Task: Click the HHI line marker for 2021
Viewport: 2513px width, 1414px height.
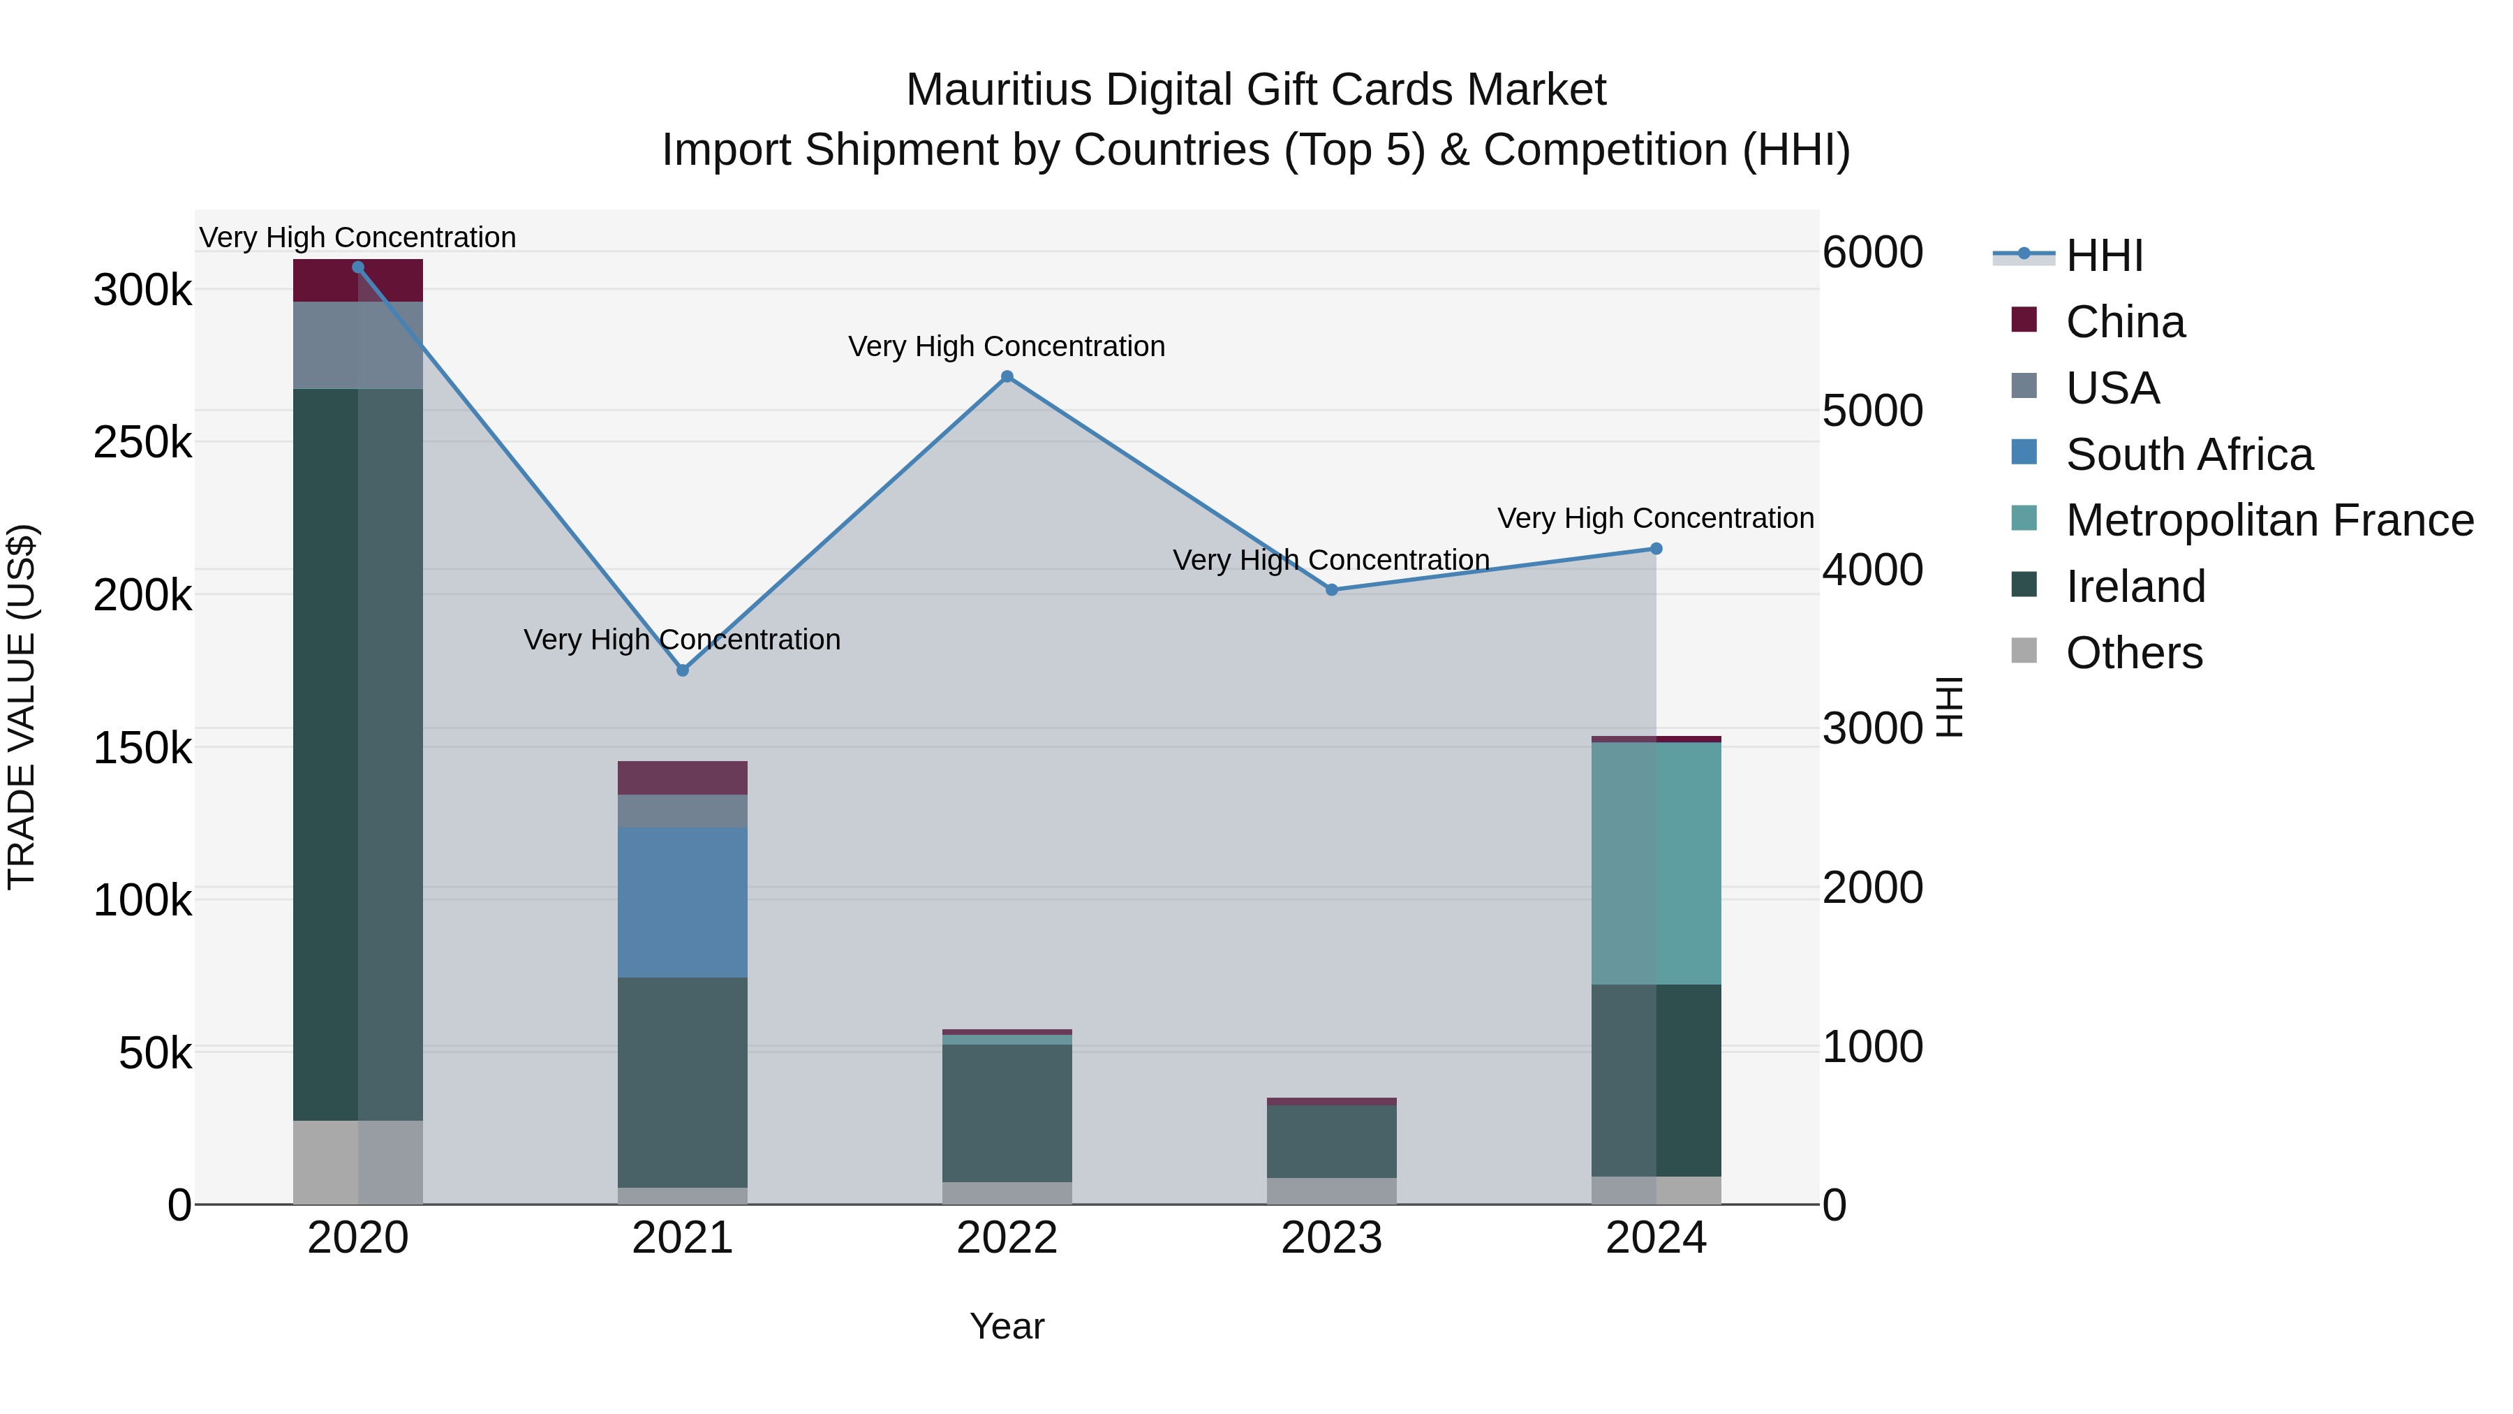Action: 683,670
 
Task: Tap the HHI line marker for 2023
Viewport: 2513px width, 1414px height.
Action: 1332,589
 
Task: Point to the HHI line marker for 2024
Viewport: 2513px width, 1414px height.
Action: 1656,548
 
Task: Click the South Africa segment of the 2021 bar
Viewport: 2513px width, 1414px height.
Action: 683,903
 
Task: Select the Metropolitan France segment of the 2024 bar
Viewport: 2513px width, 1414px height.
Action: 1656,864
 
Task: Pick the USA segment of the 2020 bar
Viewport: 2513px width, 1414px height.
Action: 358,346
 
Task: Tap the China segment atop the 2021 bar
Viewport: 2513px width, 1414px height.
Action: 683,778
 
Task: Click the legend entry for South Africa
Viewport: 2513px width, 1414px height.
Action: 2189,455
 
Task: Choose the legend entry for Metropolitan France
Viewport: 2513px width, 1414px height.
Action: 2269,521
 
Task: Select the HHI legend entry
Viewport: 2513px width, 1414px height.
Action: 2104,256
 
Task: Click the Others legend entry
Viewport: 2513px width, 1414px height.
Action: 2133,654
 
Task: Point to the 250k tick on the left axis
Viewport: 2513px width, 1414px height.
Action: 142,443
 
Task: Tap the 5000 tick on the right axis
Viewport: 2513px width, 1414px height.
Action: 1872,411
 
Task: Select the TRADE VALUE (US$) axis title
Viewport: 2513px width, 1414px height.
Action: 22,707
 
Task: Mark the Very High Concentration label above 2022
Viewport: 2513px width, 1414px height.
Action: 1007,346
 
